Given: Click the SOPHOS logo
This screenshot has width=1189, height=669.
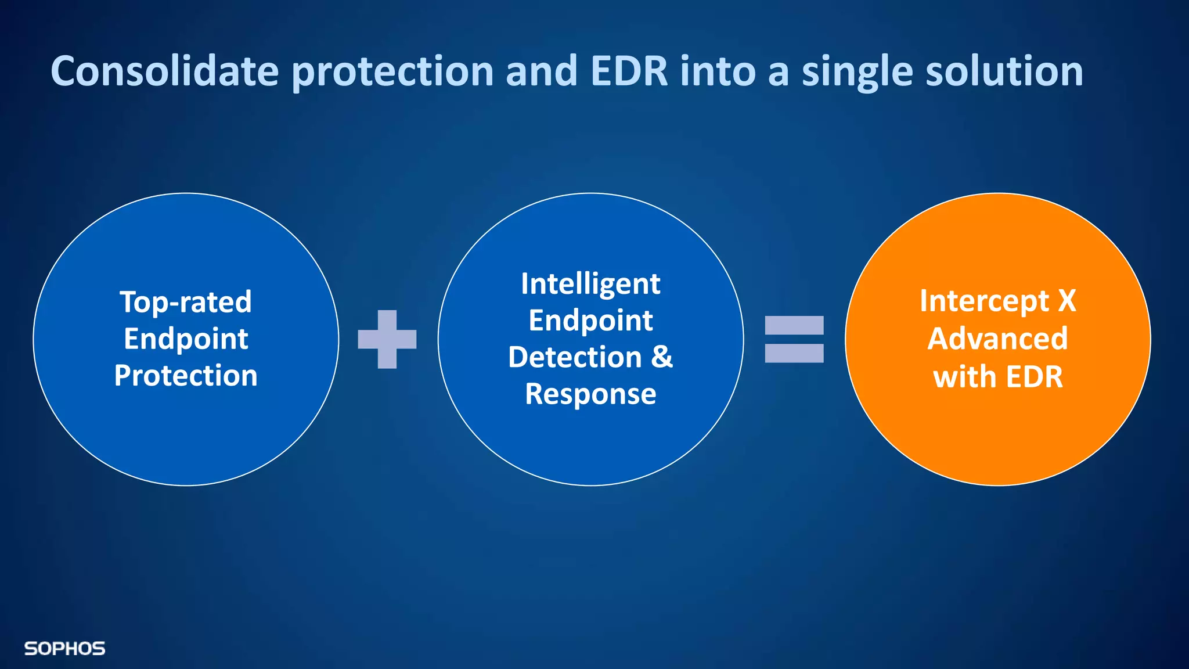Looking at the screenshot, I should (x=64, y=649).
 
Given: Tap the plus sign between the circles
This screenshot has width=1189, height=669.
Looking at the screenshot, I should (x=387, y=339).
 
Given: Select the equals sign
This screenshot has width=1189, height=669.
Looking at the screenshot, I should (x=794, y=339).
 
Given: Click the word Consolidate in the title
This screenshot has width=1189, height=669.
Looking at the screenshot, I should (x=165, y=71).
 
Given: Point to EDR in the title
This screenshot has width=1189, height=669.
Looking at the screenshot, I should (x=629, y=71).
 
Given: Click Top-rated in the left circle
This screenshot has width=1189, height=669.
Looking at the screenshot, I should (x=186, y=302).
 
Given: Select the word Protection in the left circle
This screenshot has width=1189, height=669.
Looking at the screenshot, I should (x=186, y=376).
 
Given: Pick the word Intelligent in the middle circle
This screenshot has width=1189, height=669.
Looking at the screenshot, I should (x=590, y=285).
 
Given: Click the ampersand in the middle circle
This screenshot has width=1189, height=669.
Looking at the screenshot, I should (x=662, y=357).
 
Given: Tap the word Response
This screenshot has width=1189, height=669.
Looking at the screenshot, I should (x=590, y=394).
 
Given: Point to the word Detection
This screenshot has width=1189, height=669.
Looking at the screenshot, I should (x=575, y=357).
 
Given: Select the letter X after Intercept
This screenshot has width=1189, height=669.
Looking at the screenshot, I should (x=1067, y=301).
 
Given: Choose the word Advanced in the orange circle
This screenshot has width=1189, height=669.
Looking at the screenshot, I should (x=997, y=339).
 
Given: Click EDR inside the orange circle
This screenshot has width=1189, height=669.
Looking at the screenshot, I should (x=1034, y=377).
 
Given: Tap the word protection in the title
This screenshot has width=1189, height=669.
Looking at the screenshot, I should (x=392, y=72).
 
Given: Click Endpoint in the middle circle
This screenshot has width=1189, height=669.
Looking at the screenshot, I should (x=590, y=321).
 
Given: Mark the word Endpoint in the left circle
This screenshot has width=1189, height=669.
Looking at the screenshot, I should (x=186, y=339).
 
